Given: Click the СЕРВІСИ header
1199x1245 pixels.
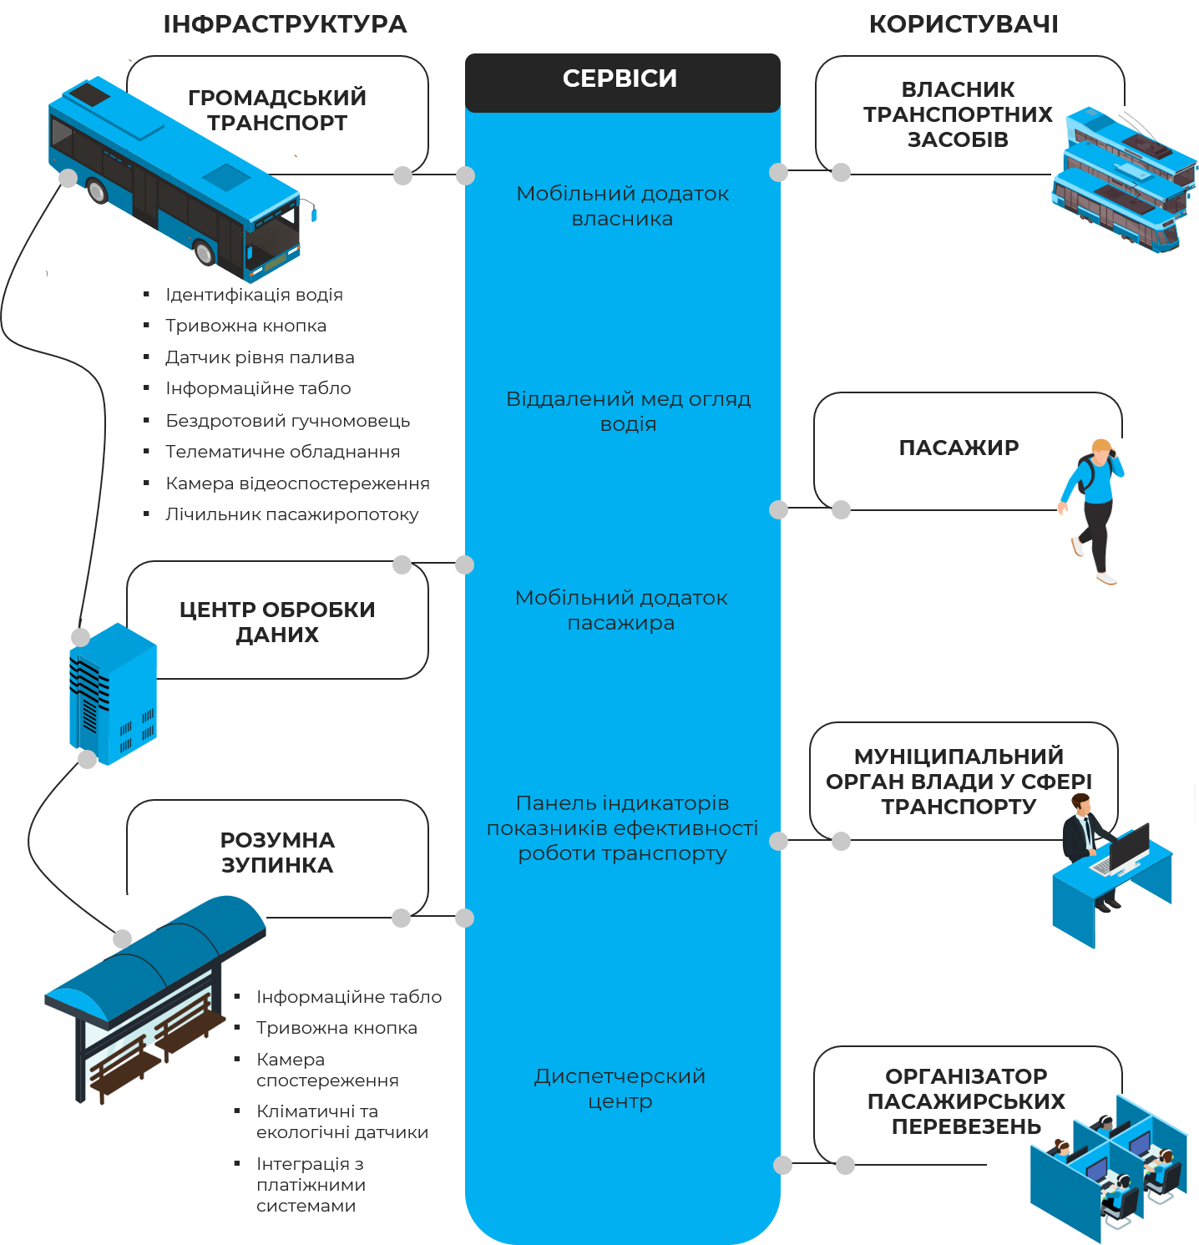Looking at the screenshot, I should [620, 78].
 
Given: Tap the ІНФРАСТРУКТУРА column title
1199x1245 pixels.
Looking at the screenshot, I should [285, 24].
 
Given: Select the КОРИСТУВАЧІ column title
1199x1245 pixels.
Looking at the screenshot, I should [964, 24].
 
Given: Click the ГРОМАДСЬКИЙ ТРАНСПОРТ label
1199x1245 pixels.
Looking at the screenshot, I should [277, 110].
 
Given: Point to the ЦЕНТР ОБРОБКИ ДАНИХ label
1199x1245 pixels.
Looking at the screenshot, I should [277, 622].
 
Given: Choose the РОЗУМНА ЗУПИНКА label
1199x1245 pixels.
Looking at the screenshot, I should [277, 853].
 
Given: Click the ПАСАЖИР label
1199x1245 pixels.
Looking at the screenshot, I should [959, 448].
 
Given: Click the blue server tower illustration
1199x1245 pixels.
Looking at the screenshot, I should [113, 693].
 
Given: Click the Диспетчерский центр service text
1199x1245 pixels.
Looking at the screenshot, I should [620, 1089].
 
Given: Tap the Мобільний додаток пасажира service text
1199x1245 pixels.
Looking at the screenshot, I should [621, 610].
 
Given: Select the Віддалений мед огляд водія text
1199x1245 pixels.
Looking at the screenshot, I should [628, 412].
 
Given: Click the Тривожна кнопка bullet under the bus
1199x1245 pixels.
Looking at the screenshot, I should [245, 326].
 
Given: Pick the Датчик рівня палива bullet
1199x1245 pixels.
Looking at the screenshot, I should [260, 357].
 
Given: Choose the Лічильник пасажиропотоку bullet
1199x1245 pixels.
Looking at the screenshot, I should [291, 514].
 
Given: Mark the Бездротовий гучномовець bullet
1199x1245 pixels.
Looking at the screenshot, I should [287, 421].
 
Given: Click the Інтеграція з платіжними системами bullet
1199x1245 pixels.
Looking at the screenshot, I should [311, 1185].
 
